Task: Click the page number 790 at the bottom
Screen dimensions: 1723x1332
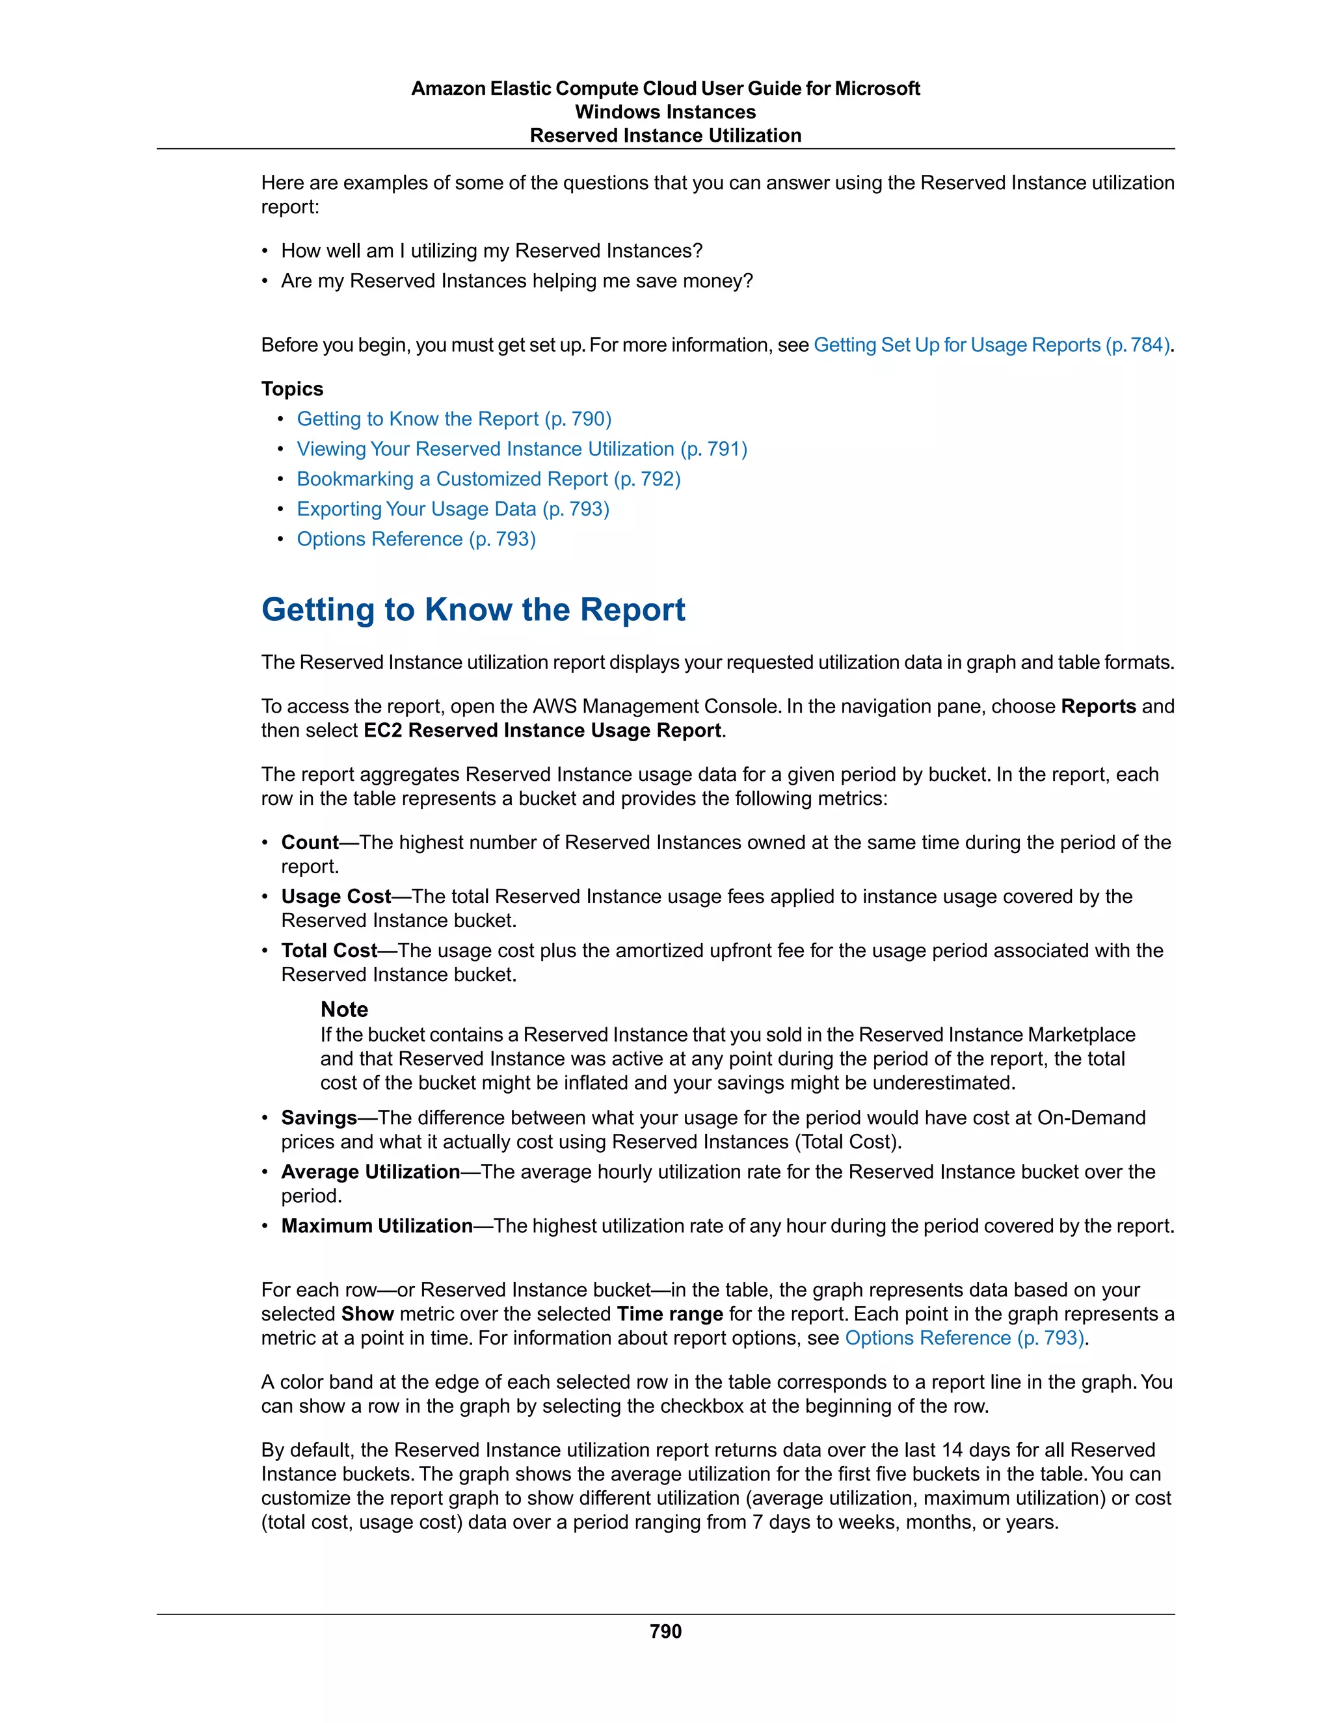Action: tap(665, 1631)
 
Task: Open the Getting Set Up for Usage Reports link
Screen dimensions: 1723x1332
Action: tap(991, 345)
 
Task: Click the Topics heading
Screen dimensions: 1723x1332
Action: tap(292, 389)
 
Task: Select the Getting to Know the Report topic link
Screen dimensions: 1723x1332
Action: tap(454, 419)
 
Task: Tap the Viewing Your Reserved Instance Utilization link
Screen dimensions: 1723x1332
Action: tap(522, 449)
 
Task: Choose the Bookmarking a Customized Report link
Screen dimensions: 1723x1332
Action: tap(488, 479)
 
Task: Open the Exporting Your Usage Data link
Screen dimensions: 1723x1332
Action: tap(453, 509)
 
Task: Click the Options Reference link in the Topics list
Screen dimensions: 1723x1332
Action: tap(416, 539)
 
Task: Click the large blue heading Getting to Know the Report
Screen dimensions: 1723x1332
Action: tap(473, 610)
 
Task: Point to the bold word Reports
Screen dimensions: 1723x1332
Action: tap(1098, 706)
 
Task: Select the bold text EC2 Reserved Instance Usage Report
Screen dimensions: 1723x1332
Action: tap(542, 731)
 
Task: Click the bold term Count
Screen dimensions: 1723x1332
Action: tap(310, 843)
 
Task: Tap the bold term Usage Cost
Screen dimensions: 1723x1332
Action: tap(336, 896)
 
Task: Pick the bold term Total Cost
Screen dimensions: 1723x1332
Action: tap(329, 951)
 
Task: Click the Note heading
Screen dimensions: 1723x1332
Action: tap(344, 1010)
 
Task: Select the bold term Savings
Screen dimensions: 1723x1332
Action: tap(319, 1118)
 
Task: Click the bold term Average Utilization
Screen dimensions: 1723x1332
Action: tap(370, 1172)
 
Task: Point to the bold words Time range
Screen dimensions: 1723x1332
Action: tap(669, 1313)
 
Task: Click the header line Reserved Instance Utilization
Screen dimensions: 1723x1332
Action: tap(665, 136)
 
